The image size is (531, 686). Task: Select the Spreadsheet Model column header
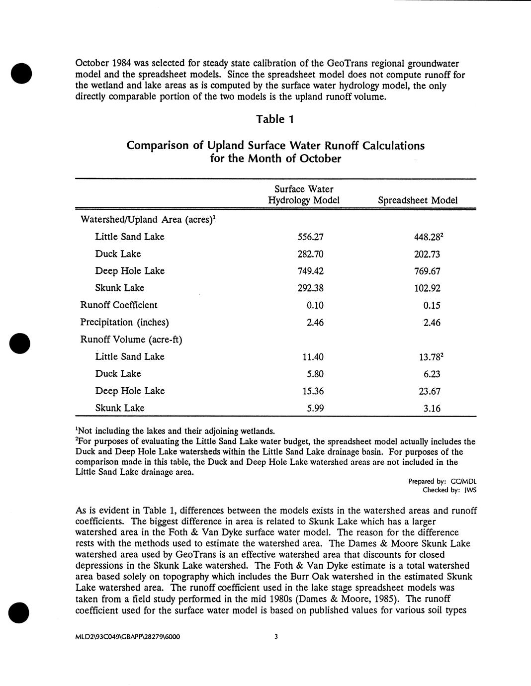(x=418, y=200)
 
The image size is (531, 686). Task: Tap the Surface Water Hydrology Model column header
(x=304, y=195)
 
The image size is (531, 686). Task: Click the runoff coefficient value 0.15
(x=432, y=306)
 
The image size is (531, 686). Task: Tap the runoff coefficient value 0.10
(x=315, y=305)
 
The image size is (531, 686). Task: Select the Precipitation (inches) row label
(x=125, y=323)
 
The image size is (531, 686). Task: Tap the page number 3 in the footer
(x=276, y=636)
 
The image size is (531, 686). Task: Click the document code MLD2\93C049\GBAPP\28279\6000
(x=127, y=636)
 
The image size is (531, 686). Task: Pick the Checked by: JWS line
(x=449, y=490)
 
